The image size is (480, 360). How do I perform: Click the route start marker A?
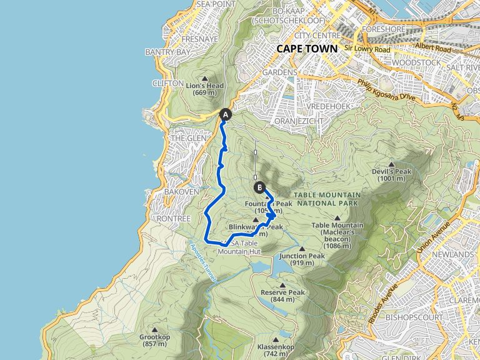tap(226, 114)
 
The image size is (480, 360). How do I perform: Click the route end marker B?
tap(259, 187)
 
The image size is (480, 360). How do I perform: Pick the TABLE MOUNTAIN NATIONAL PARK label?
tap(327, 199)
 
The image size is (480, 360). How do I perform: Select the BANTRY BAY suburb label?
tap(166, 52)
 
